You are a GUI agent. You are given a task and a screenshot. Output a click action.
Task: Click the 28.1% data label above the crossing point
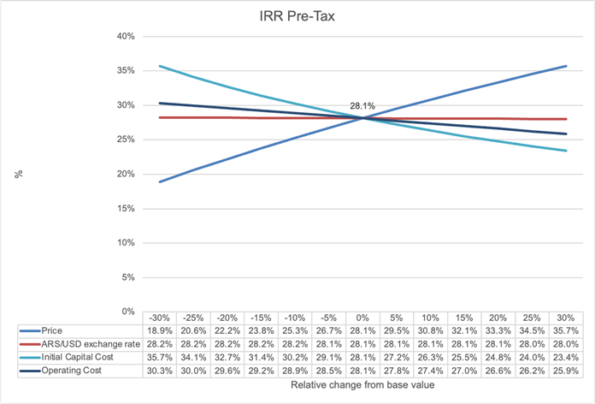tap(362, 106)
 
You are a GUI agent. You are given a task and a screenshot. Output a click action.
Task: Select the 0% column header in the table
tap(362, 317)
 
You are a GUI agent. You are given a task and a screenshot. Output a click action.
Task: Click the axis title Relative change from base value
tap(362, 387)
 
